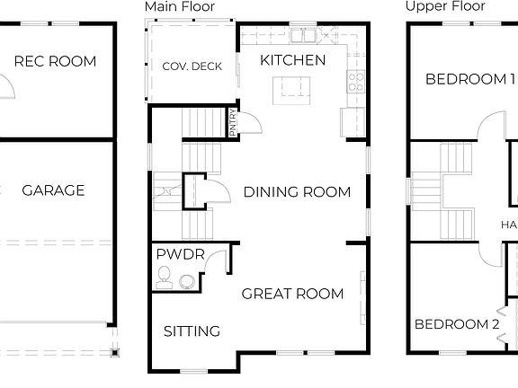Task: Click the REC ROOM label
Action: pos(55,62)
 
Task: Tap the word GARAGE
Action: pos(53,190)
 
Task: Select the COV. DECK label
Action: pos(192,66)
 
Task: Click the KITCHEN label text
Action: pos(292,60)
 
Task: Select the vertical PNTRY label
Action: pos(233,122)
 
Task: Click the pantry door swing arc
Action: pos(253,122)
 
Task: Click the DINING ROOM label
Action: pos(297,191)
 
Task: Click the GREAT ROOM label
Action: pos(292,294)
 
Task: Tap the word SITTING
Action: pos(192,331)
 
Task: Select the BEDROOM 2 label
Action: pos(456,324)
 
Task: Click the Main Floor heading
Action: pos(181,6)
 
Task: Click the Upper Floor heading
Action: pos(444,6)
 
